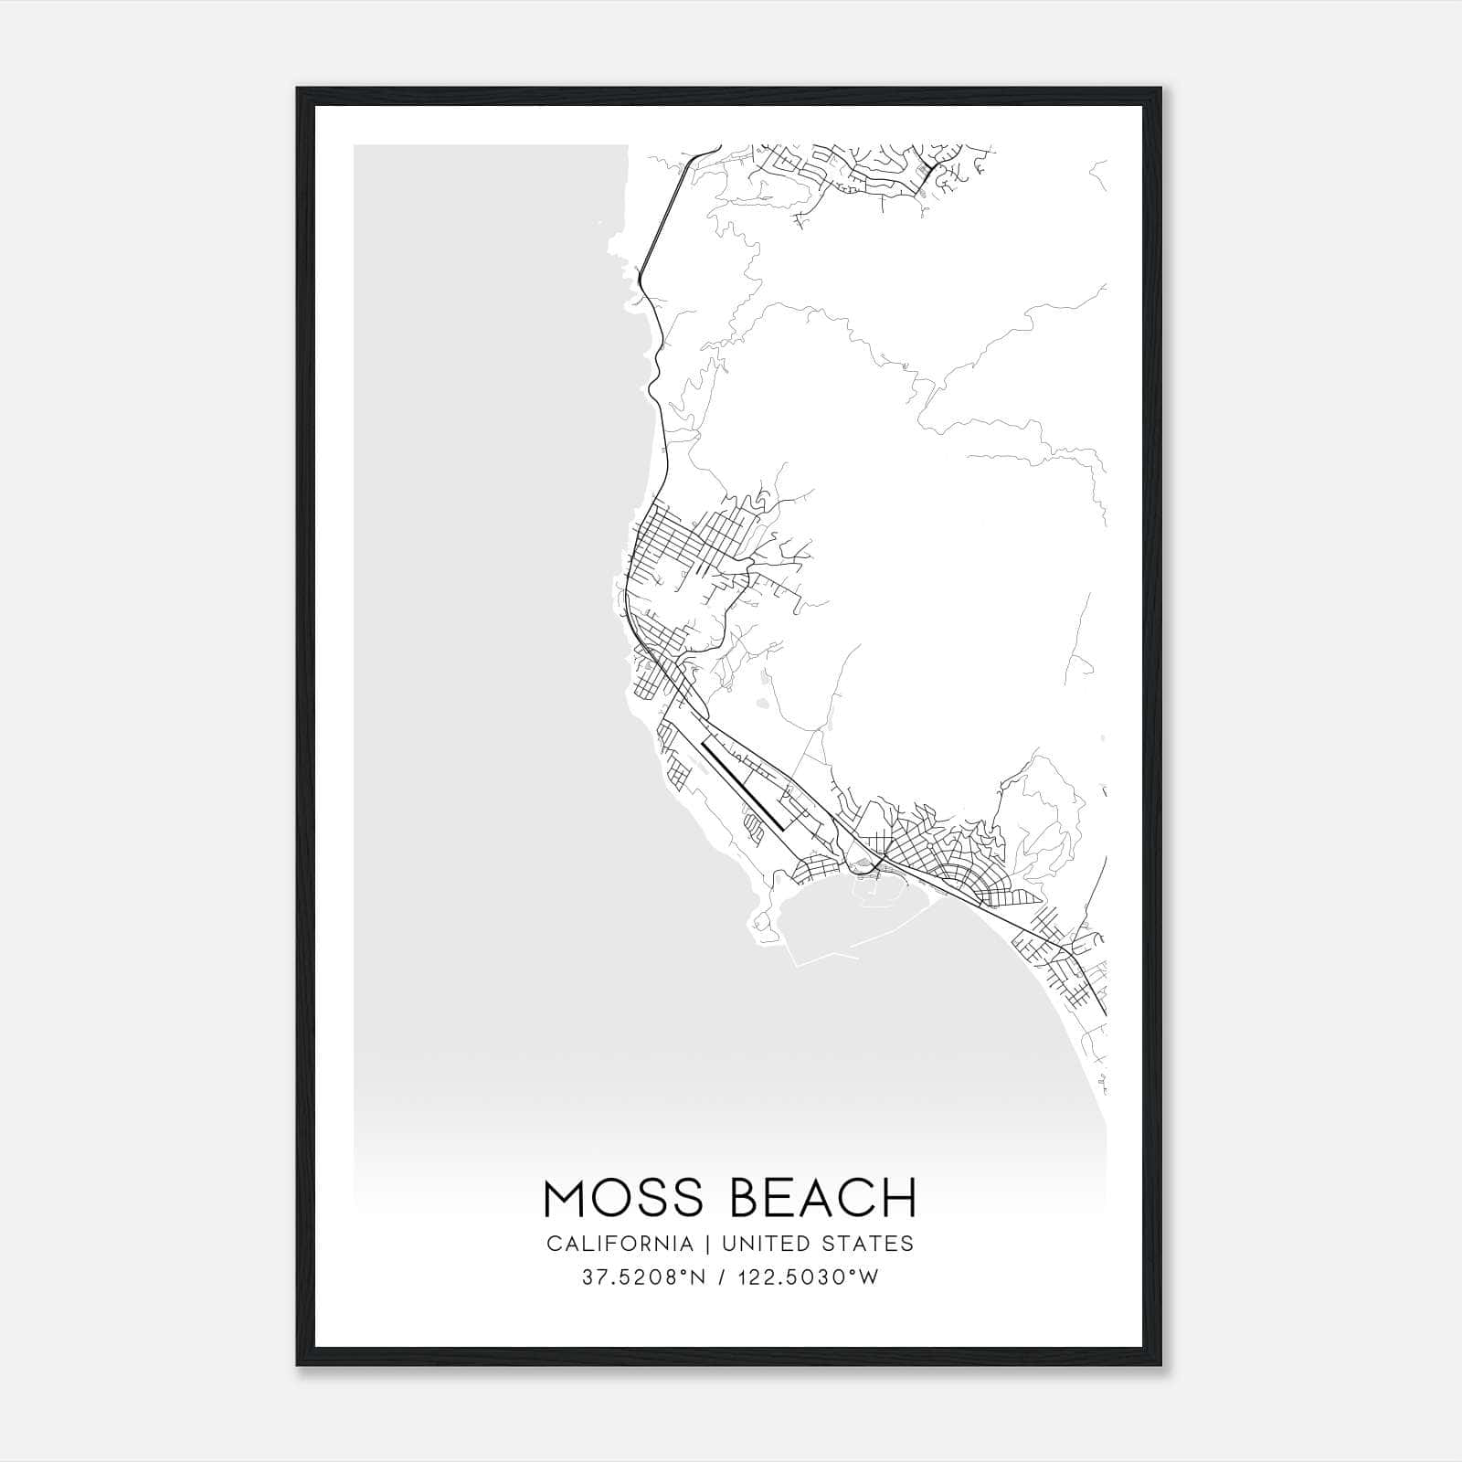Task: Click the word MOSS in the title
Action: pyautogui.click(x=625, y=1199)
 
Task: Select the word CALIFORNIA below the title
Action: pyautogui.click(x=620, y=1244)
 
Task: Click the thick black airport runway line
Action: pyautogui.click(x=742, y=786)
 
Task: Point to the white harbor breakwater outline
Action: pyautogui.click(x=822, y=959)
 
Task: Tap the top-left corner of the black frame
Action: pyautogui.click(x=299, y=90)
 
